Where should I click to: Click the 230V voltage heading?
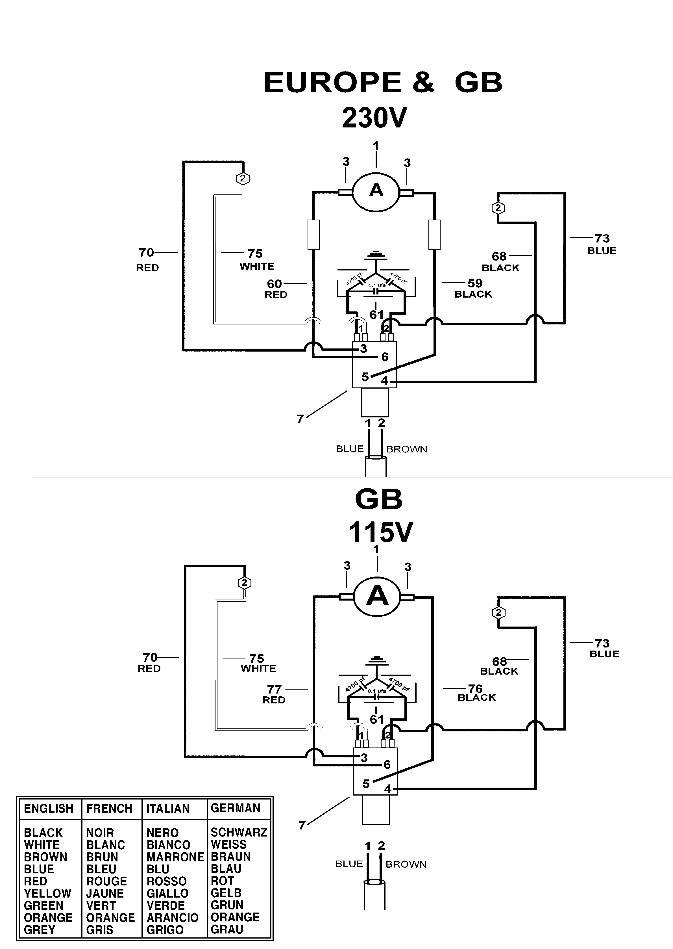pyautogui.click(x=374, y=118)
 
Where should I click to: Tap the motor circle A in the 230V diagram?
pyautogui.click(x=376, y=190)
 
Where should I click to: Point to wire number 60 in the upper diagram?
pyautogui.click(x=274, y=284)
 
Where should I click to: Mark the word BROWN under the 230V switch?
pyautogui.click(x=406, y=449)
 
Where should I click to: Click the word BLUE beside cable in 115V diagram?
pyautogui.click(x=349, y=864)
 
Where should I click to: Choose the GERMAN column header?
pyautogui.click(x=235, y=808)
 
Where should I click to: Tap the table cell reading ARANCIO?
pyautogui.click(x=172, y=918)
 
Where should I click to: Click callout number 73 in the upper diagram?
pyautogui.click(x=602, y=239)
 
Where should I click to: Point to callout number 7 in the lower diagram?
pyautogui.click(x=302, y=825)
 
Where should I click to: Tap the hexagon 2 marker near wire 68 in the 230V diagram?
pyautogui.click(x=498, y=208)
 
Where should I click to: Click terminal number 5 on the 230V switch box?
pyautogui.click(x=365, y=377)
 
